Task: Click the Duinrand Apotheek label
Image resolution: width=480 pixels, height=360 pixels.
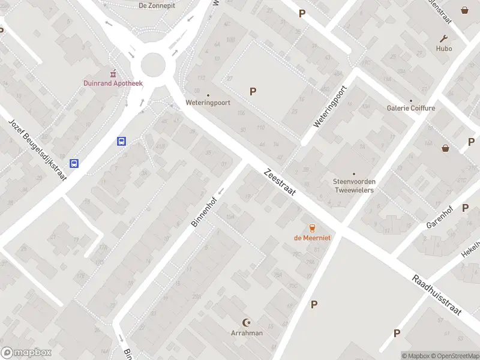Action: tap(113, 83)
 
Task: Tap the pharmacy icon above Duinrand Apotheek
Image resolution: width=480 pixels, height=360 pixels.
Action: tap(113, 73)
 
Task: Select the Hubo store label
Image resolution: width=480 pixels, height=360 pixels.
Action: tap(444, 49)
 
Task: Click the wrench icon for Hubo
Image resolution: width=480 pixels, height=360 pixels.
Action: tap(444, 38)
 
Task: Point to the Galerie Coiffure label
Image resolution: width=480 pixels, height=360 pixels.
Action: tap(411, 108)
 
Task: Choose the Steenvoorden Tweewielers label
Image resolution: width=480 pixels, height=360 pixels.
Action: tap(353, 185)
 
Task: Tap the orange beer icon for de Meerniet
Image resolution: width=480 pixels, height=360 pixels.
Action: tap(312, 227)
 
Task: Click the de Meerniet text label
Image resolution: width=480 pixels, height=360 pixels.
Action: tap(312, 238)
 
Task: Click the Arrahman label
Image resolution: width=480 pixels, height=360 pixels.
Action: tap(247, 333)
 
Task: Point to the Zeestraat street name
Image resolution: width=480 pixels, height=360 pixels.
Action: tap(280, 184)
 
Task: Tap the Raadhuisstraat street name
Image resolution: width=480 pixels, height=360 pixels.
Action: tap(436, 295)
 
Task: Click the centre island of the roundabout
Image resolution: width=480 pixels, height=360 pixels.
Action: tap(152, 65)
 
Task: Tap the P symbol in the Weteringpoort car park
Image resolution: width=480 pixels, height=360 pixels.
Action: tap(253, 91)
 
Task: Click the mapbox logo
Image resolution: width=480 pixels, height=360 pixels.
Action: tap(26, 353)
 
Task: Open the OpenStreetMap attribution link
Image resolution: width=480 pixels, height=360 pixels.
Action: tap(455, 356)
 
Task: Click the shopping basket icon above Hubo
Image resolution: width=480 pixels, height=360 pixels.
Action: tap(464, 10)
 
